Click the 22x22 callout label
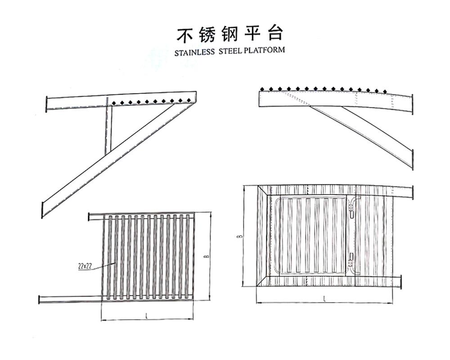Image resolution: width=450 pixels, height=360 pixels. pos(85,266)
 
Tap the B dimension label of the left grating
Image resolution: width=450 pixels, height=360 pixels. pos(206,256)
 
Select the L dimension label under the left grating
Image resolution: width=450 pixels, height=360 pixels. pos(147,316)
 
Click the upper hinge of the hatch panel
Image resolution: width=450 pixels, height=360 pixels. pos(352,205)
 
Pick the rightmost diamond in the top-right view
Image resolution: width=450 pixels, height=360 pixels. pos(385,92)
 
